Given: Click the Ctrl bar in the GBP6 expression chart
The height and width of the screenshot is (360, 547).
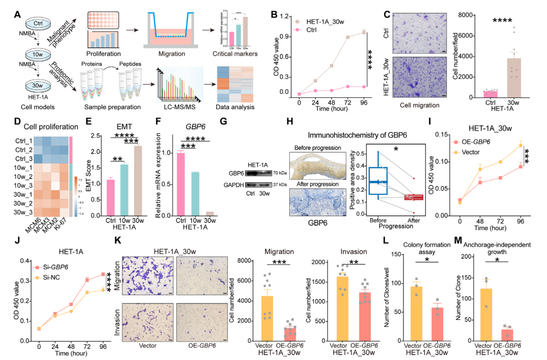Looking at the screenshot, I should click(181, 180).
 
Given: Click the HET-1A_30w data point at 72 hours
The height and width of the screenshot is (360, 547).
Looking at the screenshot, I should click(348, 38).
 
